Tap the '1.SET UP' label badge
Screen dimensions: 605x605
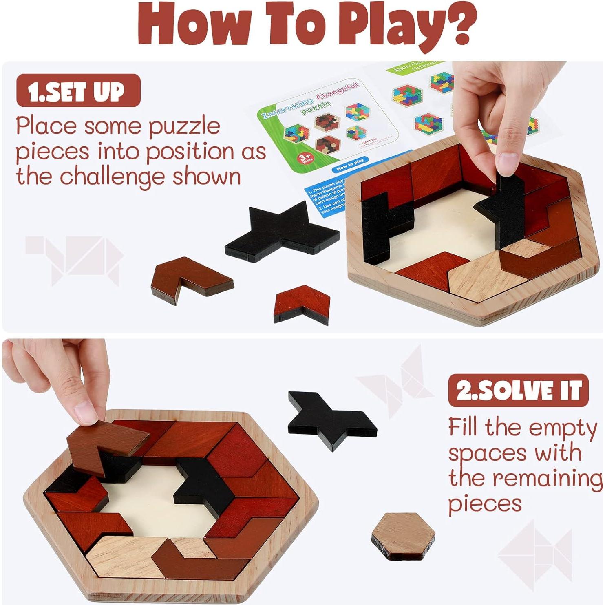pos(78,91)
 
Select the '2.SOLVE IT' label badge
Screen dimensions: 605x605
pos(518,391)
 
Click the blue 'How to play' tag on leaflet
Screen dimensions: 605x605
pos(349,165)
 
